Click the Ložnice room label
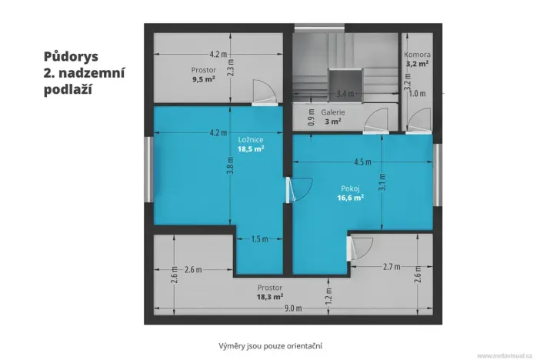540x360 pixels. click(252, 139)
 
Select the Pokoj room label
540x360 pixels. click(350, 188)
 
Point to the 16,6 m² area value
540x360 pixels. click(350, 197)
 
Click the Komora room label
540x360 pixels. click(418, 55)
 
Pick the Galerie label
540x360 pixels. click(332, 112)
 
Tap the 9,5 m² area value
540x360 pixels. click(203, 78)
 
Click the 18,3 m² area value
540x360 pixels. click(270, 296)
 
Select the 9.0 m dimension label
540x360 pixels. click(293, 308)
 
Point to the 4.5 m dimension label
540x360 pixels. click(362, 162)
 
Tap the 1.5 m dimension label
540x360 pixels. click(259, 238)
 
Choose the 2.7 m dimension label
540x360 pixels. click(392, 267)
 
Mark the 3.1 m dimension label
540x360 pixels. click(382, 183)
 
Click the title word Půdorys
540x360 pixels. click(71, 56)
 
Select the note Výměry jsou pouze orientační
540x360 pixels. click(270, 346)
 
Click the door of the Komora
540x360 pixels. click(420, 119)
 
